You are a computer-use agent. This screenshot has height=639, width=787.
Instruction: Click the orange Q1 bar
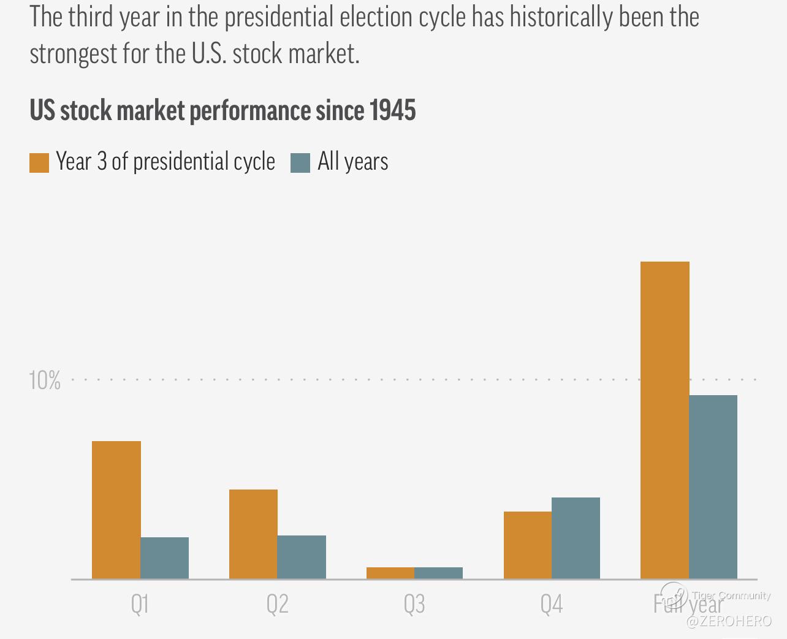(x=116, y=510)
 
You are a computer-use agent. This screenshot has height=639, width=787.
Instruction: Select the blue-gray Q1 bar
(x=164, y=558)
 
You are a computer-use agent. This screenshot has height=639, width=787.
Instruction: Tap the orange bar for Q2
(x=253, y=534)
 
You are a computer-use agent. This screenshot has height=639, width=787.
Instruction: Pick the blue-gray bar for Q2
(x=302, y=557)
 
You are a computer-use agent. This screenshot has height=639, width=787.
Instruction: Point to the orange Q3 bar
(x=390, y=573)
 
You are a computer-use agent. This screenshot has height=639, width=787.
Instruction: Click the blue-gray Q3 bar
(x=439, y=573)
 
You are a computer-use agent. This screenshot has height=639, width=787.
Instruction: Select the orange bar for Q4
(x=528, y=545)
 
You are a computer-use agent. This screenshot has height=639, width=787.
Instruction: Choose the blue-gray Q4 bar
(x=576, y=538)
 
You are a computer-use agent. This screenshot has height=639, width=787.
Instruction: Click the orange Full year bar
(x=665, y=420)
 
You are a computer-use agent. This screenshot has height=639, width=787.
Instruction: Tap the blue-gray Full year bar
(x=713, y=486)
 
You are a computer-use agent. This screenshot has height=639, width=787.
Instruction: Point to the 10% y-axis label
(x=45, y=380)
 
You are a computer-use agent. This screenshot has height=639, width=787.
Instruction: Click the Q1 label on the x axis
(x=140, y=605)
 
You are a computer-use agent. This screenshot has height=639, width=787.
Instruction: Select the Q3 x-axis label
(x=414, y=605)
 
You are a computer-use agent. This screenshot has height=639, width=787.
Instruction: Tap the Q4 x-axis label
(x=552, y=605)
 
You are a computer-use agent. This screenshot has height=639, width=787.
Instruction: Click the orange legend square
(x=39, y=163)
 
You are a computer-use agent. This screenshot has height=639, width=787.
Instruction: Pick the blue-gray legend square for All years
(x=300, y=163)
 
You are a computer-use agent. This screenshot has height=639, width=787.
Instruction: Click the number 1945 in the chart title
(x=392, y=111)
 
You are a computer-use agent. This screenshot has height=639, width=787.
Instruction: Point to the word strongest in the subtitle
(x=73, y=54)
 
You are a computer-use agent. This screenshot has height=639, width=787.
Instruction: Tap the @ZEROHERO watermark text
(x=729, y=621)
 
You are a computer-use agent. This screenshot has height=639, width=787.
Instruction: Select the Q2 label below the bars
(x=277, y=605)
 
